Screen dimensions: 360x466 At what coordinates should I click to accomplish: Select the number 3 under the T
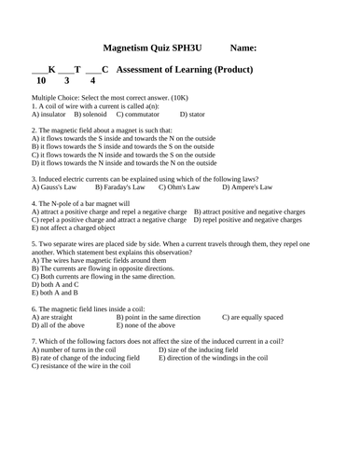[x=68, y=81]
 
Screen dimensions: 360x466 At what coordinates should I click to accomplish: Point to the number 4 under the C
[x=91, y=81]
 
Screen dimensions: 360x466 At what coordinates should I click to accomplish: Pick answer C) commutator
[x=135, y=115]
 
